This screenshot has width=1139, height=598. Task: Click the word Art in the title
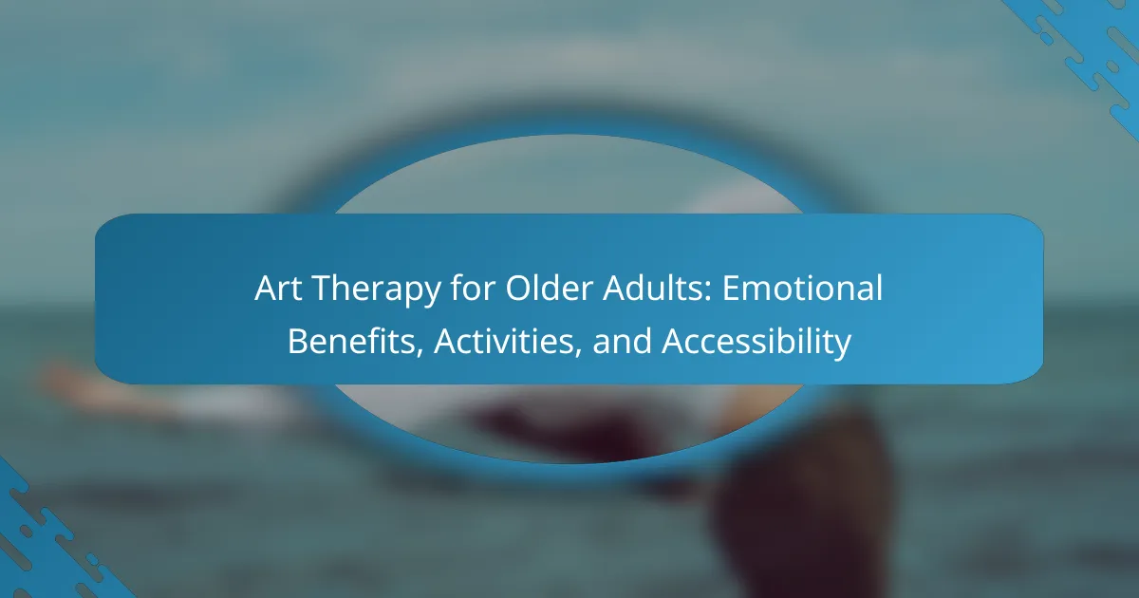278,288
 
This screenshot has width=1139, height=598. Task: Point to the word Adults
652,288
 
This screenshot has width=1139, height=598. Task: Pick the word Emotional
802,288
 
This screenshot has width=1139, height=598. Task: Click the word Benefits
351,340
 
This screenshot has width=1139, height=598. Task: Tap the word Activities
503,340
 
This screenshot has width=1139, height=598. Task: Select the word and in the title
622,340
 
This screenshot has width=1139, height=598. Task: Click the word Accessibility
756,343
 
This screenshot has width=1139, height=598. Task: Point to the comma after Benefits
420,351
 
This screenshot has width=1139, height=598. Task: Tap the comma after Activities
578,351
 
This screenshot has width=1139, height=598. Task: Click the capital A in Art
266,288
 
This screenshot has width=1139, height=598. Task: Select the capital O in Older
518,288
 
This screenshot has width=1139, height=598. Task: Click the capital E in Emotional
731,288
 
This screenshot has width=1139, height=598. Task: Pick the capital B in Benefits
298,341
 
